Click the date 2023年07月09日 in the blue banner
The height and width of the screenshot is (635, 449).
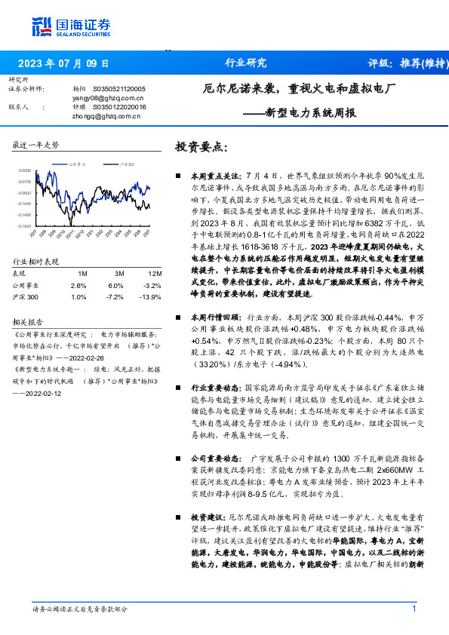pos(63,63)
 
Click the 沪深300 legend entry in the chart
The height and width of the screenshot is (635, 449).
pos(127,163)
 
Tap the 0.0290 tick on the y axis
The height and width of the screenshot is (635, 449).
pos(25,171)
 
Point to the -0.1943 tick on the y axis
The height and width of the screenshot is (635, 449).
pos(25,225)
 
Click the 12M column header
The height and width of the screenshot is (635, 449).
pos(155,272)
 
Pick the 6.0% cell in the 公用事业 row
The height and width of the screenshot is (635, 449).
pos(115,286)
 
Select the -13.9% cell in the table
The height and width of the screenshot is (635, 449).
pos(152,299)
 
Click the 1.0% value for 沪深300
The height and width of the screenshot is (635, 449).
pos(78,299)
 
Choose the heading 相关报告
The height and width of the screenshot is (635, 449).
pos(29,320)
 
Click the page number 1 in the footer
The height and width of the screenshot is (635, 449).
pos(414,609)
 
